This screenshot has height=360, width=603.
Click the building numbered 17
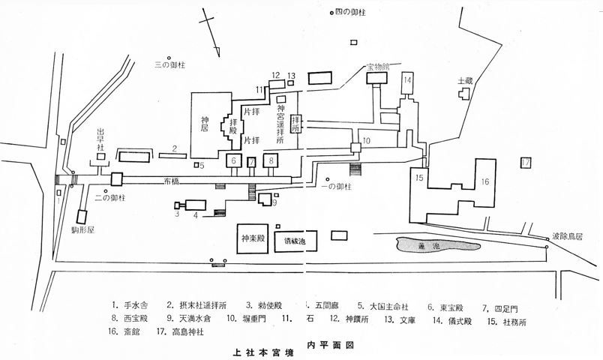tap(526, 162)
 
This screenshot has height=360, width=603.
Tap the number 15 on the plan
tap(419, 177)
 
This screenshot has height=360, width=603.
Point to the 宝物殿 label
tap(378, 67)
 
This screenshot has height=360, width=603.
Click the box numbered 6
tap(233, 161)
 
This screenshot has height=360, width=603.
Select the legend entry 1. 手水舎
tap(133, 305)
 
